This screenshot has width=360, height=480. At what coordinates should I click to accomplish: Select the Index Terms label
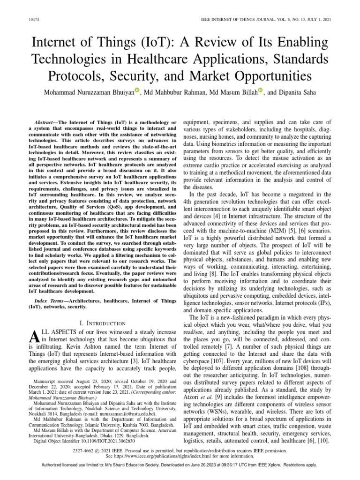(49, 300)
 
